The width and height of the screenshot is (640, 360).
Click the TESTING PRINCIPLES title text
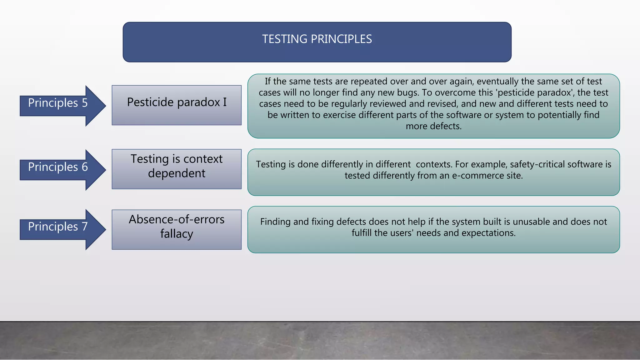pos(317,39)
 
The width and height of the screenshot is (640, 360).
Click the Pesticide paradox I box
pos(177,105)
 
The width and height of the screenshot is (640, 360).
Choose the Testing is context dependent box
pos(177,169)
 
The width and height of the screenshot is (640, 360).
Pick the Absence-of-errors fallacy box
pos(177,230)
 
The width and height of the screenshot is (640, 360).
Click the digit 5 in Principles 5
pos(85,103)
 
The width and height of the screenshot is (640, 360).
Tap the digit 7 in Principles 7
pos(85,227)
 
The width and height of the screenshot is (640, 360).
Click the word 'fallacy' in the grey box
pos(177,234)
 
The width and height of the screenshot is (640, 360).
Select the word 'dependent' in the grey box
pos(177,173)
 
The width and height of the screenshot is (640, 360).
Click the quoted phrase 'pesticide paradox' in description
pos(535,92)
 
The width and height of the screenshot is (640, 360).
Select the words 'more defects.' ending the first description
pos(433,126)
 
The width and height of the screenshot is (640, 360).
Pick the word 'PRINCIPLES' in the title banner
pos(341,39)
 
